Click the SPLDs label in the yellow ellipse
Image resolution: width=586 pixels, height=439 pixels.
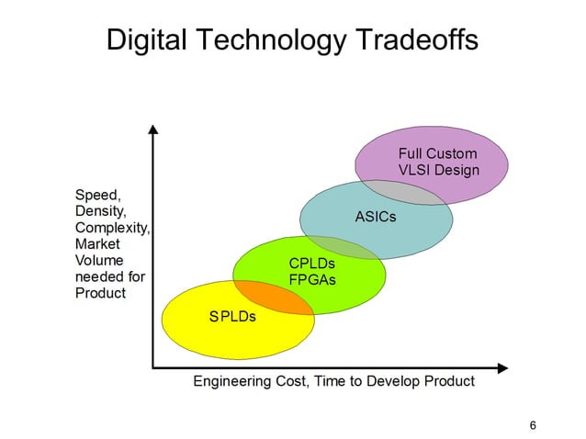[x=232, y=317]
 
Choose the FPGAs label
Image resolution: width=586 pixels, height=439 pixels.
[x=312, y=280]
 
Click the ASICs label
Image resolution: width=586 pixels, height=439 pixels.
[x=376, y=217]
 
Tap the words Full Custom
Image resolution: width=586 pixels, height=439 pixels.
[x=437, y=153]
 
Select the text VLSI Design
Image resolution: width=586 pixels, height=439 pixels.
[x=438, y=170]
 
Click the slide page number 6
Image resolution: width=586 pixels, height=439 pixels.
[x=534, y=424]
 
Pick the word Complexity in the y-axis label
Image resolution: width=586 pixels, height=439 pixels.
[x=112, y=228]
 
